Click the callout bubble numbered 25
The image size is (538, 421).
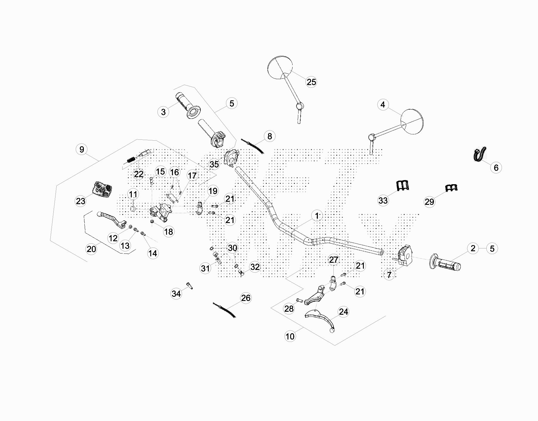(x=311, y=82)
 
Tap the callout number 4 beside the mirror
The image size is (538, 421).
(x=383, y=105)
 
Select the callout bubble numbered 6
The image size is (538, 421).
(x=496, y=168)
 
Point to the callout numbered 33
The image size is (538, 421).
(x=383, y=200)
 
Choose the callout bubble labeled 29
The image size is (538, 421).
(x=429, y=202)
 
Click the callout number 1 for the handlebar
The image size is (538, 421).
(x=317, y=216)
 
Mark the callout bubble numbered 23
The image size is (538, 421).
(x=81, y=201)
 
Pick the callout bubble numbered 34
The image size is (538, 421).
(x=176, y=294)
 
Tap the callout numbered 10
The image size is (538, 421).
(x=290, y=336)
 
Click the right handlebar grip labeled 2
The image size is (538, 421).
(x=446, y=262)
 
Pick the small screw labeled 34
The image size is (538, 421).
(x=189, y=285)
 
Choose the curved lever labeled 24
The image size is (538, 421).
(x=320, y=319)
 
